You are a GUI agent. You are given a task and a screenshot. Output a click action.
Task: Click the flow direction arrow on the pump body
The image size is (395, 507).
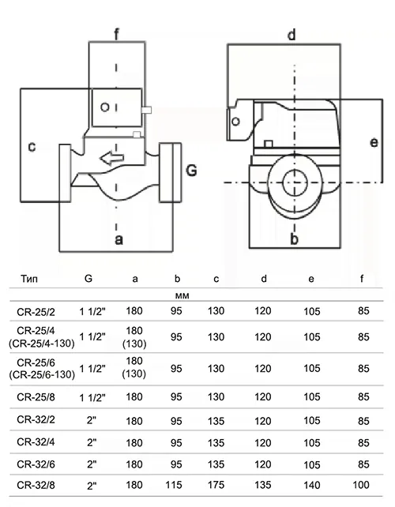pyautogui.click(x=112, y=158)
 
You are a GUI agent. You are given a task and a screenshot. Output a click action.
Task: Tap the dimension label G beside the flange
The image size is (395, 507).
pyautogui.click(x=191, y=171)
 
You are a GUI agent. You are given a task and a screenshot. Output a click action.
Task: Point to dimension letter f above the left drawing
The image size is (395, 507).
pyautogui.click(x=116, y=34)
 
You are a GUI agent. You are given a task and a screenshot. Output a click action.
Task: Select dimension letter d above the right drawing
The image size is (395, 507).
pyautogui.click(x=292, y=34)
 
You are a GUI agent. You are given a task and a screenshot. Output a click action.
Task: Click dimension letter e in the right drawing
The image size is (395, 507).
pyautogui.click(x=374, y=142)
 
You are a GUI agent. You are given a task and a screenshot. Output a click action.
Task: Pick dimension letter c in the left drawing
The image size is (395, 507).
pyautogui.click(x=32, y=147)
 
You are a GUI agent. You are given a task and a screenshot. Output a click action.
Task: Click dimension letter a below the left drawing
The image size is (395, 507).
pyautogui.click(x=119, y=240)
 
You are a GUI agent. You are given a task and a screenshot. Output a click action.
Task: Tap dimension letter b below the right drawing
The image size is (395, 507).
pyautogui.click(x=294, y=239)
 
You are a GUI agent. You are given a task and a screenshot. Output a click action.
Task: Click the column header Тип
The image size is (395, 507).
pyautogui.click(x=29, y=279)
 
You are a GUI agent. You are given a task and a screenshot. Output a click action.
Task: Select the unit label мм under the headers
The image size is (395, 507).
pyautogui.click(x=182, y=296)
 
